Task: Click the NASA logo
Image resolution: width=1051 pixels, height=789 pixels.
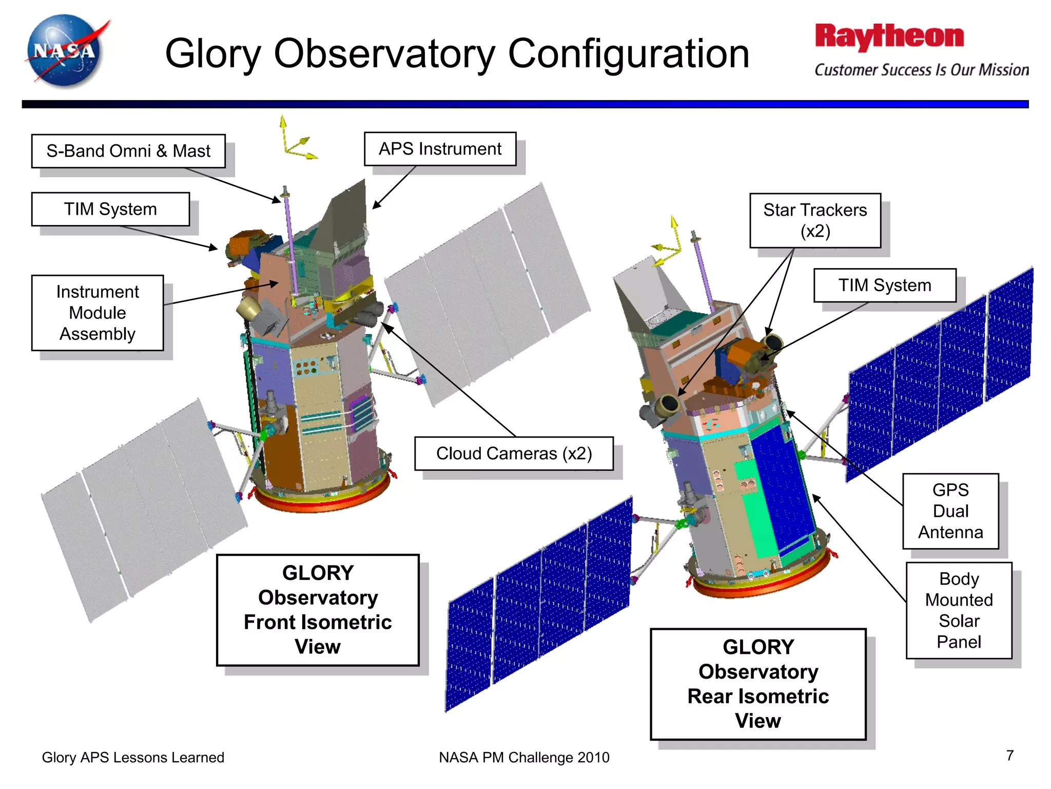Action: (65, 51)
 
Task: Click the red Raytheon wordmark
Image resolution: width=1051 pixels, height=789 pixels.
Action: (889, 37)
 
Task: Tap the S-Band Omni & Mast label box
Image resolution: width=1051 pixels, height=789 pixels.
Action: (128, 151)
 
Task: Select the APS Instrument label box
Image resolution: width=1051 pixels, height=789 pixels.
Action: (440, 149)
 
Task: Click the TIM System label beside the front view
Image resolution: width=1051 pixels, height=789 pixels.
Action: (110, 209)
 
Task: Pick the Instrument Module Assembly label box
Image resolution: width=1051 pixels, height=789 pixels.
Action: (98, 313)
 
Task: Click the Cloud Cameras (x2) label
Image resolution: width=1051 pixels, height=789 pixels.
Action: (514, 454)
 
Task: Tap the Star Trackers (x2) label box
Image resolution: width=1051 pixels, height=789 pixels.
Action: (815, 220)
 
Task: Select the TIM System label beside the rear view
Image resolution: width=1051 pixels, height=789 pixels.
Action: (885, 285)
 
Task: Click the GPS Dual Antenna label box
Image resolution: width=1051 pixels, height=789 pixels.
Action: (950, 511)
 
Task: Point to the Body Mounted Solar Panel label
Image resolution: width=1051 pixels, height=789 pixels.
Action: (959, 610)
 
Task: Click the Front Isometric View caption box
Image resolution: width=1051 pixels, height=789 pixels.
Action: (318, 610)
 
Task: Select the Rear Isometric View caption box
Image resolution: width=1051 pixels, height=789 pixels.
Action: (758, 684)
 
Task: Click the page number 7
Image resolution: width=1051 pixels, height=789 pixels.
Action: (1009, 756)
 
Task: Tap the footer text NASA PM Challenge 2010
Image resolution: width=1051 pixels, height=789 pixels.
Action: (524, 757)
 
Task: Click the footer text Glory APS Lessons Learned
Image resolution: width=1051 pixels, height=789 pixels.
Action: (133, 757)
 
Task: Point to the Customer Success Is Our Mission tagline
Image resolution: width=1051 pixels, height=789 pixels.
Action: (922, 70)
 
